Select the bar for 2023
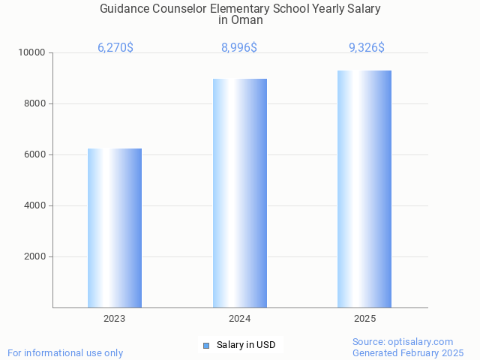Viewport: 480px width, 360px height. coord(115,228)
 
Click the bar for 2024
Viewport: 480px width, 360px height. coord(240,193)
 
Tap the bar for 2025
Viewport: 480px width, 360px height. coord(364,189)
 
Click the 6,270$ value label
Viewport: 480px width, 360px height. coord(115,48)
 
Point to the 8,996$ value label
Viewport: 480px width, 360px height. coord(239,48)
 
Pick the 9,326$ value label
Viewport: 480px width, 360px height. coord(367,48)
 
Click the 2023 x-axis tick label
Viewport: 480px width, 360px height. coord(115,319)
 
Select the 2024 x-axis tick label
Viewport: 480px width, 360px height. coord(240,319)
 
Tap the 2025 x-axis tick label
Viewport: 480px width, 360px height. coord(364,319)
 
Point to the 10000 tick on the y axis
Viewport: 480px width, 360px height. coord(32,53)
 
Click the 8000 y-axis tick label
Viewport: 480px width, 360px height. coord(34,104)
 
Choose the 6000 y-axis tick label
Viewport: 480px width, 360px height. coord(34,155)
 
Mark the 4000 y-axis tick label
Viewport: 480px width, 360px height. coord(34,206)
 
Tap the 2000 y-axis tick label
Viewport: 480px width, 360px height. coord(34,257)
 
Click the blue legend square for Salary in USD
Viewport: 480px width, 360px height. coord(206,346)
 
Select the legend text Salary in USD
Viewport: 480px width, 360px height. coord(246,346)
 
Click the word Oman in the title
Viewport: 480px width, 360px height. coord(247,20)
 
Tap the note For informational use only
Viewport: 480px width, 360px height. coord(65,352)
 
